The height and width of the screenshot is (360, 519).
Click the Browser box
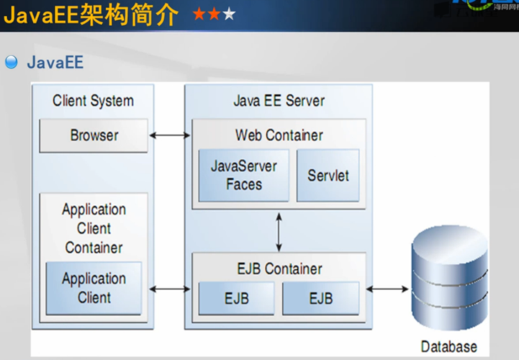coord(94,135)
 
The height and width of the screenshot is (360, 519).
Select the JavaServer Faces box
coord(243,175)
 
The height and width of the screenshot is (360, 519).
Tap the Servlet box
coord(328,175)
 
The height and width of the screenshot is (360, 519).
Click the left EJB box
coord(237,298)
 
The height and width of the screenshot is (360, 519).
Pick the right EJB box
coord(320,298)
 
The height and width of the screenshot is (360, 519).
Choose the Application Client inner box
coord(94,288)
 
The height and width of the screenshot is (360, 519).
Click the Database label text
coord(448,346)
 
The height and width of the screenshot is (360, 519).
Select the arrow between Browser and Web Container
coord(170,135)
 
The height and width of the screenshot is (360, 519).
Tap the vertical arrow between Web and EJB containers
coord(279,230)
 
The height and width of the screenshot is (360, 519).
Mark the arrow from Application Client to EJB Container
coord(170,289)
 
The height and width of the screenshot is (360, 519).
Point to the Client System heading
coord(93,101)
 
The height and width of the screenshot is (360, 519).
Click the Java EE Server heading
coord(279,101)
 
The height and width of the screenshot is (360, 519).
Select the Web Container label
coord(279,135)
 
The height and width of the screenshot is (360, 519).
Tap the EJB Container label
coord(279,269)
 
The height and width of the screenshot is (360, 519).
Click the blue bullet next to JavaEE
coord(11,62)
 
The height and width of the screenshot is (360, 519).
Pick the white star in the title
coord(229,14)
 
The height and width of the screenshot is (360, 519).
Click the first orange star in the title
coord(199,14)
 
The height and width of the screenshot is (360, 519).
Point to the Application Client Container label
coord(94,228)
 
